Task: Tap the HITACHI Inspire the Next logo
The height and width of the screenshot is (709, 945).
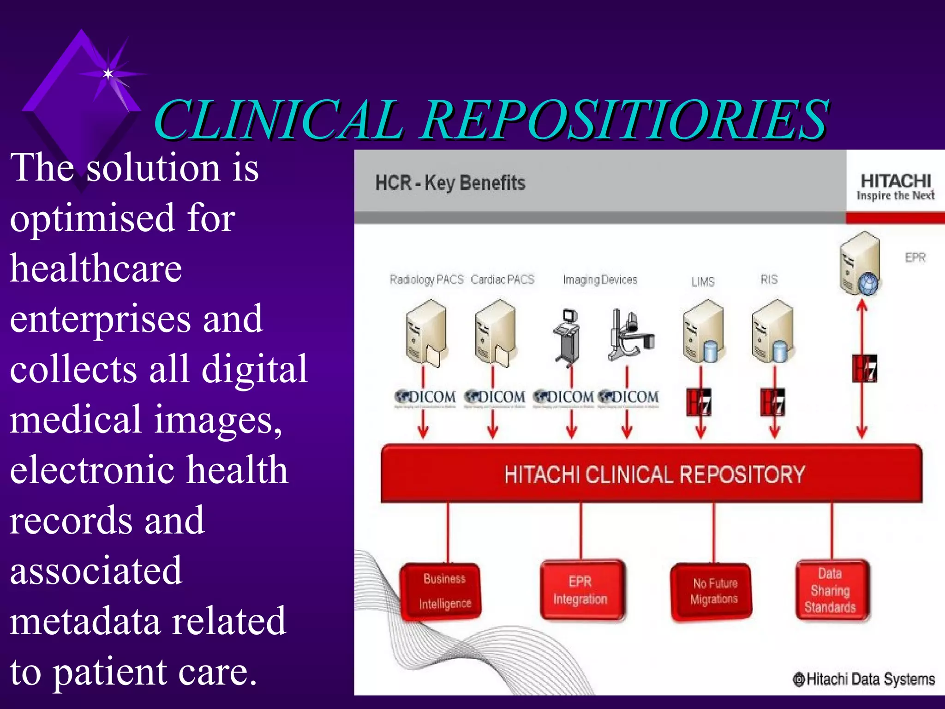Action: coord(896,186)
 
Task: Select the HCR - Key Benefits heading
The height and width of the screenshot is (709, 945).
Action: coord(450,183)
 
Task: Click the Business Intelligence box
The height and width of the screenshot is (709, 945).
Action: coord(443,591)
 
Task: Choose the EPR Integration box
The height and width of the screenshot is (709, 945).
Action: coord(580,590)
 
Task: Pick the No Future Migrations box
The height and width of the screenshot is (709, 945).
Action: coord(714,591)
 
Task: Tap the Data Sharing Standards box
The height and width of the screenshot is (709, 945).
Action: coord(831,590)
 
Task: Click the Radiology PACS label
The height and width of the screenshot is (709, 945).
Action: coord(426,280)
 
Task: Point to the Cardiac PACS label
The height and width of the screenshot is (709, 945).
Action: coord(502,280)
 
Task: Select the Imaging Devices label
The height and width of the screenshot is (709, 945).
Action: coord(600,280)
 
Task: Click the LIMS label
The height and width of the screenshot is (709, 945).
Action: coord(702,282)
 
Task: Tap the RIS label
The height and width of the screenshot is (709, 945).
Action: coord(769,280)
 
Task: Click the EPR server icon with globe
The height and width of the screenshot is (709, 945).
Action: coord(860,264)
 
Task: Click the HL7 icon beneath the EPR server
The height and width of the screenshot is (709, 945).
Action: coord(864,368)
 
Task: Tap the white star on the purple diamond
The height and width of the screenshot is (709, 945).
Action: coord(108,74)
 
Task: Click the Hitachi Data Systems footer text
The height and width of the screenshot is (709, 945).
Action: coord(864,679)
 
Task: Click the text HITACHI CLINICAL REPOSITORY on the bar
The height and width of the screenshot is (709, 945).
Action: coord(654,475)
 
